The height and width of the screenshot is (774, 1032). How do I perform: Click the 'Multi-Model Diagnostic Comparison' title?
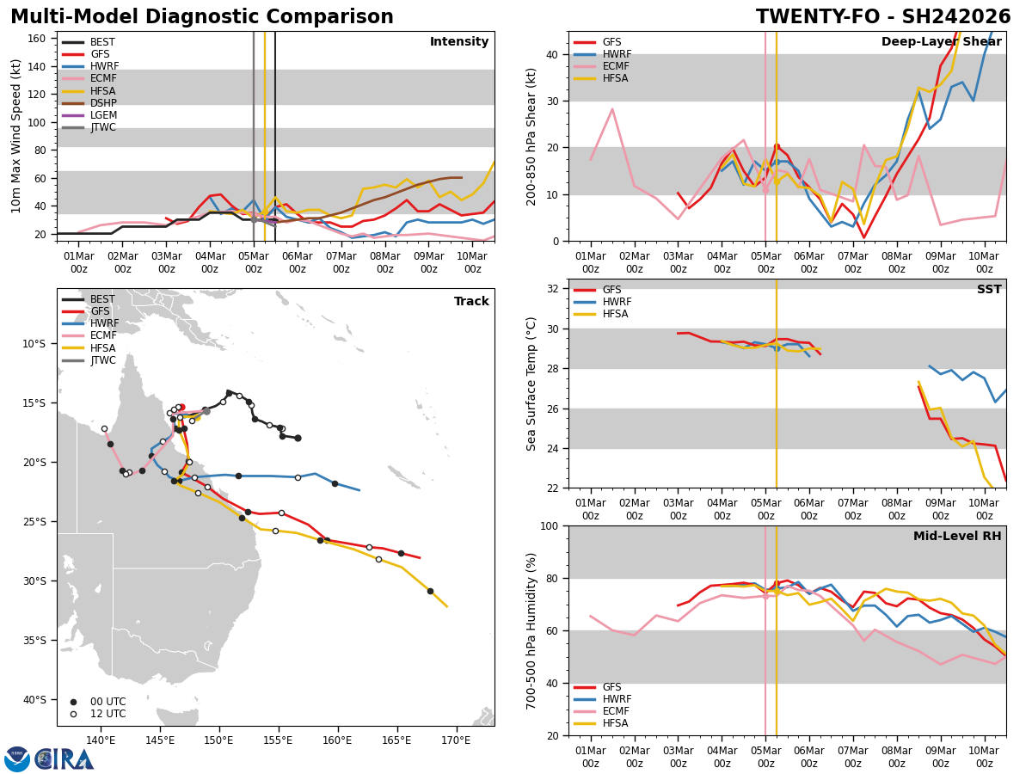pyautogui.click(x=202, y=17)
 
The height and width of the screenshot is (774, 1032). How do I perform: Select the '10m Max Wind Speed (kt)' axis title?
pyautogui.click(x=15, y=136)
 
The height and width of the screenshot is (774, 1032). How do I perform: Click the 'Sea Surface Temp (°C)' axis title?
pyautogui.click(x=531, y=384)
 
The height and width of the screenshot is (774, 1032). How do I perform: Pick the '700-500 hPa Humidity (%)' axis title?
pyautogui.click(x=531, y=630)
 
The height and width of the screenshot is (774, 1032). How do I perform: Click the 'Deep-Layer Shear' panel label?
pyautogui.click(x=941, y=42)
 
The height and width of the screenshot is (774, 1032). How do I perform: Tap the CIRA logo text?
pyautogui.click(x=65, y=759)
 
